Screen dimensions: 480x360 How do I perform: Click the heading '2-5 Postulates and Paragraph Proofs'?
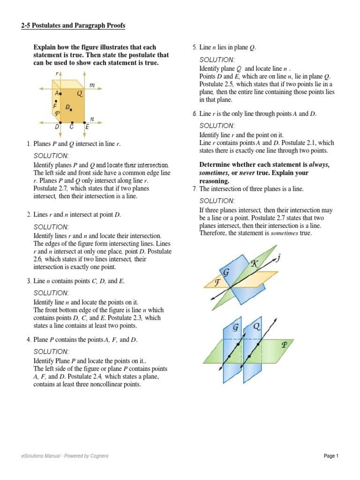(73, 26)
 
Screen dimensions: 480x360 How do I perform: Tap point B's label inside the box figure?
(67, 107)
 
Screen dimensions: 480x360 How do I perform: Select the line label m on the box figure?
(92, 85)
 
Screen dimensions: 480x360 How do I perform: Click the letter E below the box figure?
(87, 127)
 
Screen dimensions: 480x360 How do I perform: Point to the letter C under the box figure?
(72, 127)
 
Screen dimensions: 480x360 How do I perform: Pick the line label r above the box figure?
(56, 74)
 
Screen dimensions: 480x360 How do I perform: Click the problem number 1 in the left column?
(29, 143)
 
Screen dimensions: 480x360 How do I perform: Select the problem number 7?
(195, 188)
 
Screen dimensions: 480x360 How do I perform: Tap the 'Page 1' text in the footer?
(331, 456)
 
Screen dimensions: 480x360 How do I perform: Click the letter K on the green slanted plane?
(255, 264)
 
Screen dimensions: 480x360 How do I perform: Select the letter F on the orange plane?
(217, 283)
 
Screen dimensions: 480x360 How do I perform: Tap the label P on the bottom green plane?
(284, 345)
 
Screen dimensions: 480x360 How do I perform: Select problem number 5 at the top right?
(195, 47)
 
